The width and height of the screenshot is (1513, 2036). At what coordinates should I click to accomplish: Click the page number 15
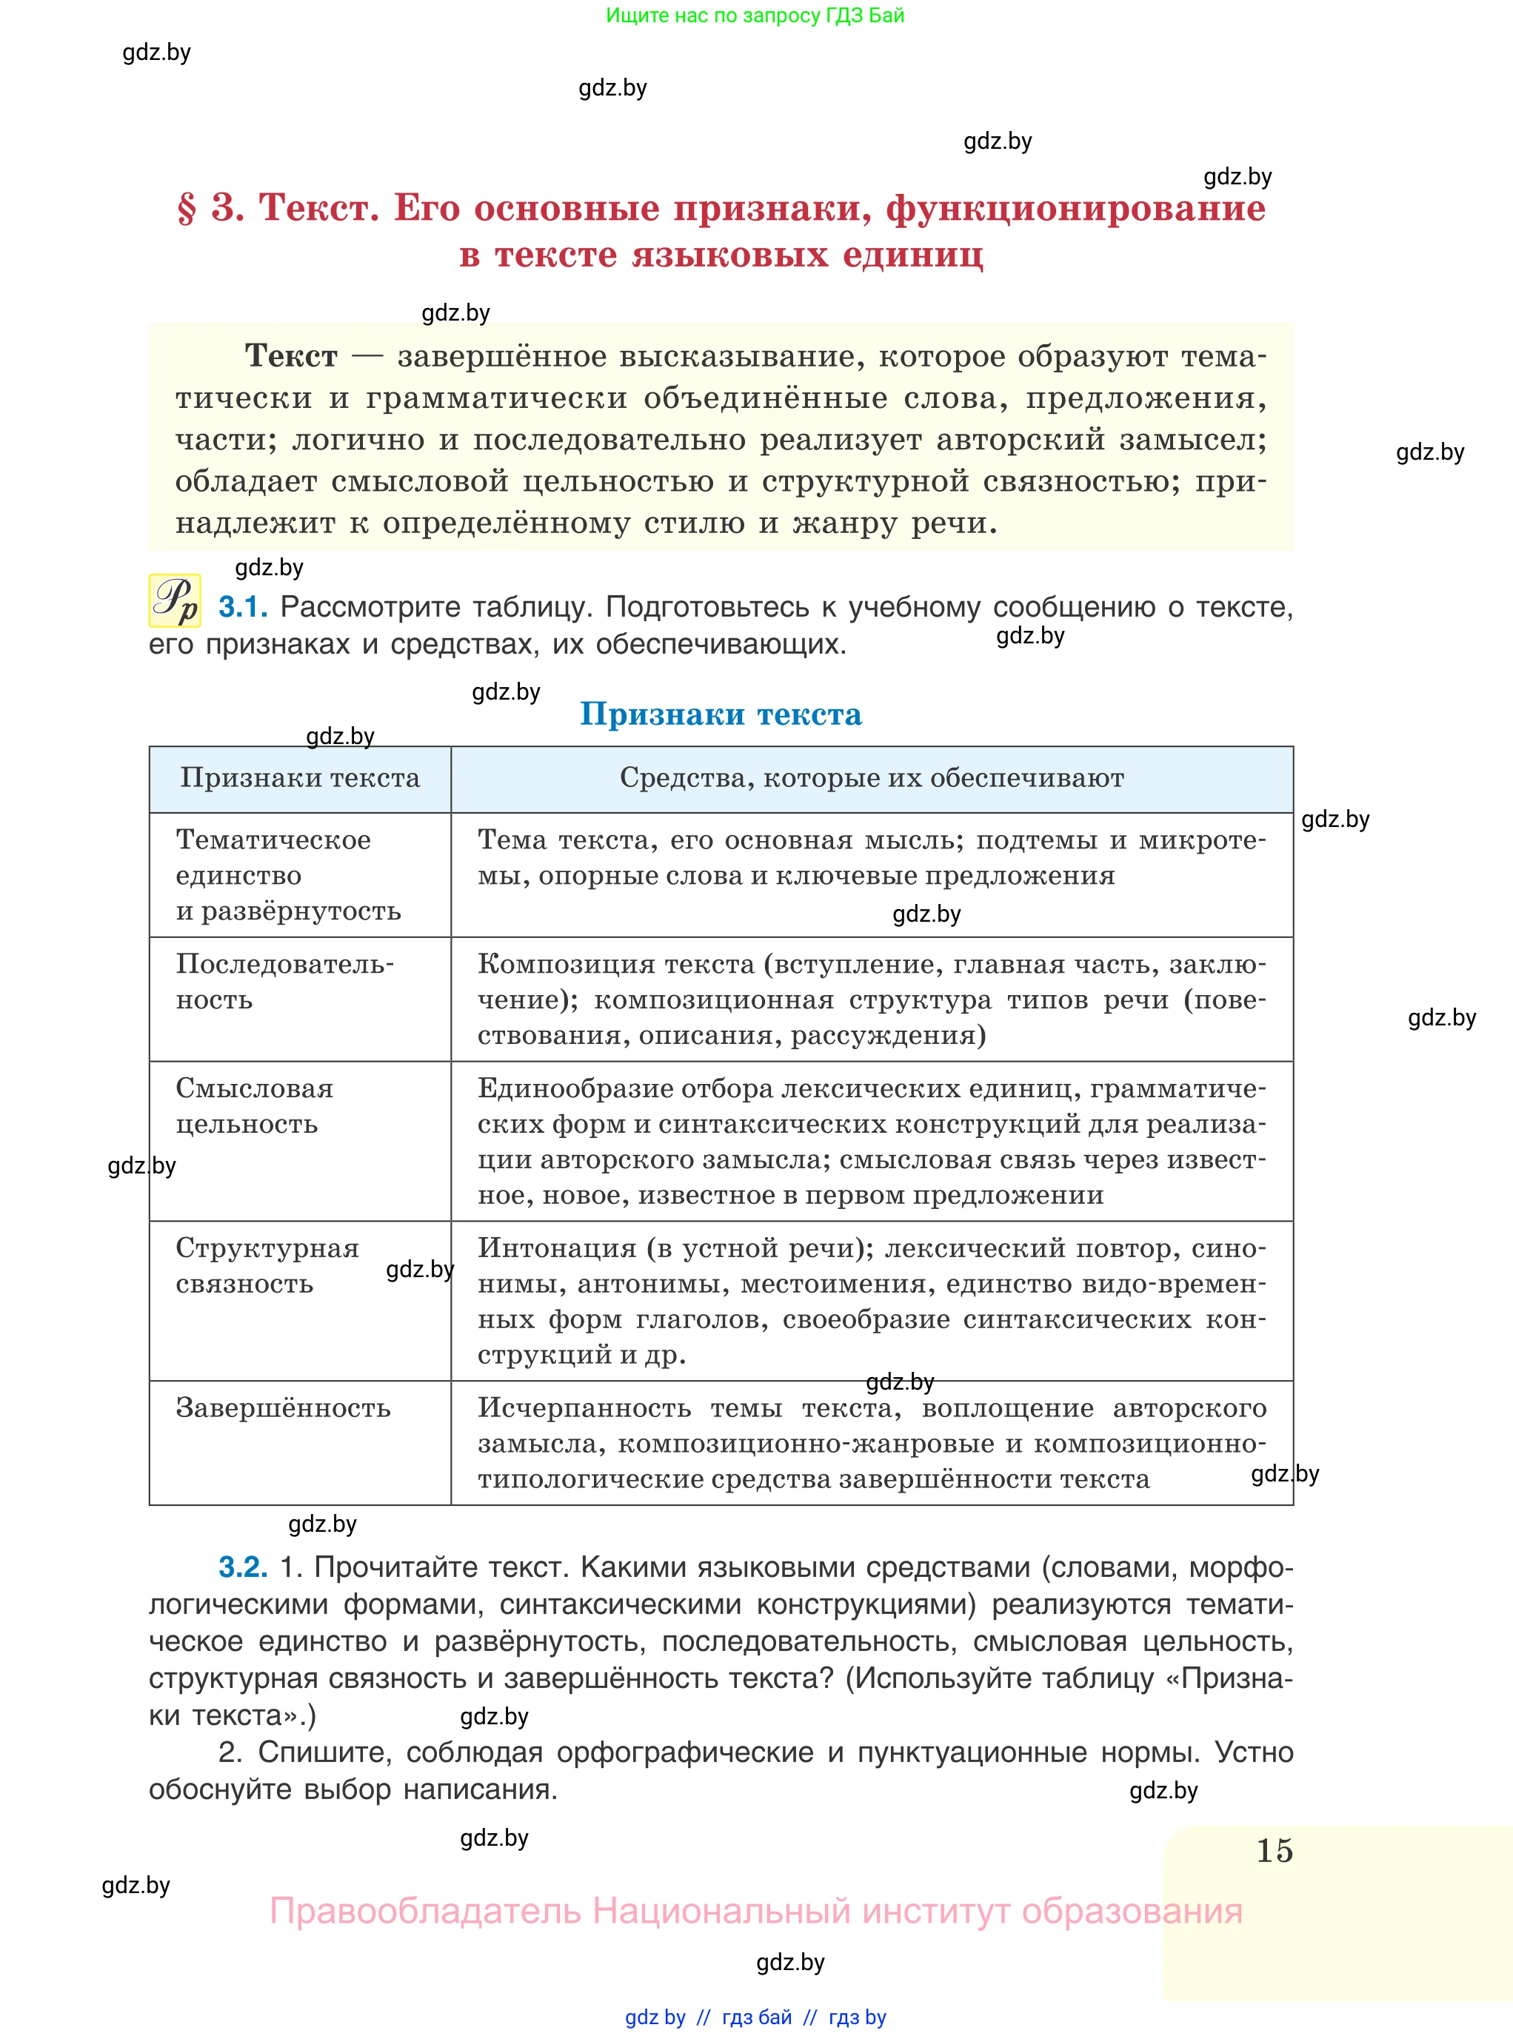1274,1850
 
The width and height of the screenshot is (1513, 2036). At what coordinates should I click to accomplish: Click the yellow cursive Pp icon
175,601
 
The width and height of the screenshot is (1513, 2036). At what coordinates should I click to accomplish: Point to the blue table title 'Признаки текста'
721,714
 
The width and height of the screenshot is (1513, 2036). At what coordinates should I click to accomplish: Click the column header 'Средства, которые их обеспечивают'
871,778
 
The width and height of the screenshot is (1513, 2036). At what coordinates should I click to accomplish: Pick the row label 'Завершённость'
283,1408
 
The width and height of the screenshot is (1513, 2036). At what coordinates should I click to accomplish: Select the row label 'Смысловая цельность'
255,1106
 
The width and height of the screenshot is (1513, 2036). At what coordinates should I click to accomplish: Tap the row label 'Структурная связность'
267,1265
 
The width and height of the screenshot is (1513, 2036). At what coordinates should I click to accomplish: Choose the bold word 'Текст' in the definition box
291,355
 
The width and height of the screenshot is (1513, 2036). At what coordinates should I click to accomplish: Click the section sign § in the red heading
187,209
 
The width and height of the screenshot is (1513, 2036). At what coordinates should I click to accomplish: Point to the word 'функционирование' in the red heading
1075,209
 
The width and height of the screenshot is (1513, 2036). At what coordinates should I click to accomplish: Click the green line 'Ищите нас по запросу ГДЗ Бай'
755,16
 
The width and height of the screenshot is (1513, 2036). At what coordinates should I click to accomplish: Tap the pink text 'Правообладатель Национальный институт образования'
755,1912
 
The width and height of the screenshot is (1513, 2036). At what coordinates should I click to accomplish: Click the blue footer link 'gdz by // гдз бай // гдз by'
755,2017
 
